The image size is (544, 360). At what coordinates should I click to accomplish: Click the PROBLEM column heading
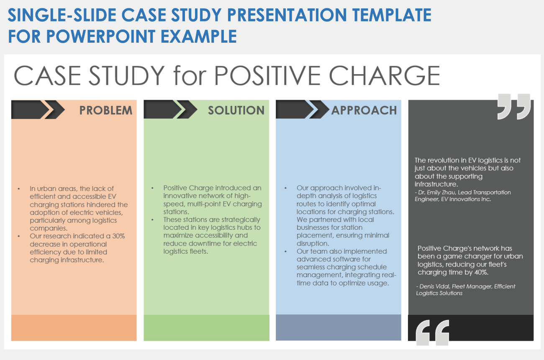[x=106, y=110]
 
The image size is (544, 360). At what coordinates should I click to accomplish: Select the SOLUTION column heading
[x=236, y=110]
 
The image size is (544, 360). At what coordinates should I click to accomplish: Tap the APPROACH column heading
[x=364, y=110]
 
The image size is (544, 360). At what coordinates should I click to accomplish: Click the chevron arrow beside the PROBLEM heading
[x=38, y=110]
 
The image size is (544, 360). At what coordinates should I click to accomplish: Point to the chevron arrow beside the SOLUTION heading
[x=170, y=109]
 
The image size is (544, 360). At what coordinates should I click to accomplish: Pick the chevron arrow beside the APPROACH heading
[x=303, y=109]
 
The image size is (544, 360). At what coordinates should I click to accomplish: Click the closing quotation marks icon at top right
[x=514, y=106]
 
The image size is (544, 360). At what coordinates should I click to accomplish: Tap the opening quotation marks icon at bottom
[x=432, y=332]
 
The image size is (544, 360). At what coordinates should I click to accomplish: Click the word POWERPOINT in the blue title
[x=100, y=36]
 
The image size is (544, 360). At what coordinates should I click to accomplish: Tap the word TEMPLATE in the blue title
[x=392, y=15]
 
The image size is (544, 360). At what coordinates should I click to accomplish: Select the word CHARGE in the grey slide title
[x=385, y=75]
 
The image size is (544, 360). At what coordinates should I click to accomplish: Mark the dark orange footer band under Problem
[x=74, y=328]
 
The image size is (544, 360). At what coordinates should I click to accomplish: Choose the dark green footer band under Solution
[x=206, y=328]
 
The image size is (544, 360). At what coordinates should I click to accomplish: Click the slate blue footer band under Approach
[x=339, y=327]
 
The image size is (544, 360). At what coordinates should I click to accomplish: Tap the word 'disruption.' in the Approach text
[x=313, y=243]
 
